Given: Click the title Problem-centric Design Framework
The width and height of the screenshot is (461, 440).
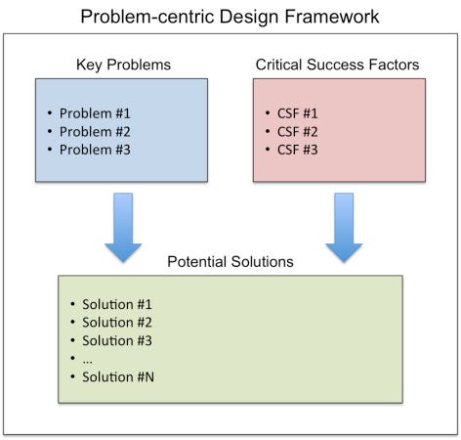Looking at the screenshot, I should coord(230,17).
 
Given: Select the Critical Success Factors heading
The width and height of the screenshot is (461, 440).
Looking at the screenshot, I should coord(339,65).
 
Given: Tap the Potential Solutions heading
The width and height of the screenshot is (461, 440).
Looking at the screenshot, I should coord(230,263).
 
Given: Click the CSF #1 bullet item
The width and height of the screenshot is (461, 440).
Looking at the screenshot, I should coord(296,112).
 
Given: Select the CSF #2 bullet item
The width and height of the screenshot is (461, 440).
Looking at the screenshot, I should coord(296,131).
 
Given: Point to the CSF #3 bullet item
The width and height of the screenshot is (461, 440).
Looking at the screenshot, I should coord(296,150).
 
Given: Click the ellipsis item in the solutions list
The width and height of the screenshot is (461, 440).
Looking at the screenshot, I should coord(87,360).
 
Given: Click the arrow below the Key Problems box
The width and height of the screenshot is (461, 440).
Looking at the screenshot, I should coord(123,227).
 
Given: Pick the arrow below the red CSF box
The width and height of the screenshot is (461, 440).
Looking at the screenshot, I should coord(344,227).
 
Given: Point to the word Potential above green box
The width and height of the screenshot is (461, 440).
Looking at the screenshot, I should coord(196,263).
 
